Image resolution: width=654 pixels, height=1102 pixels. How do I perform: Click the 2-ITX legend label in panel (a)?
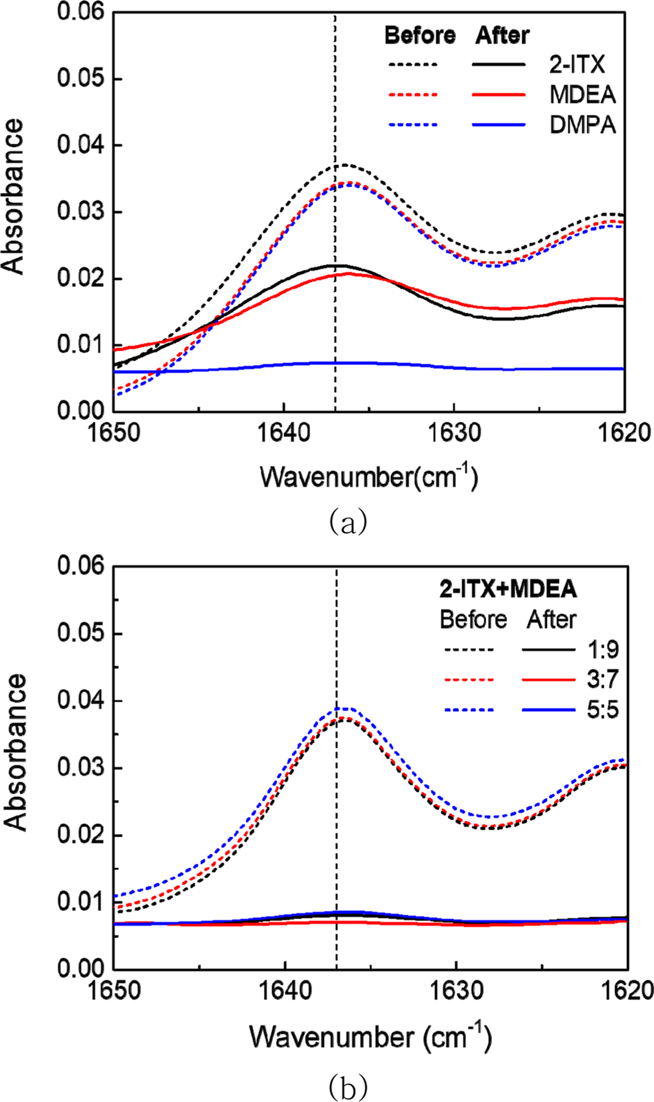[577, 65]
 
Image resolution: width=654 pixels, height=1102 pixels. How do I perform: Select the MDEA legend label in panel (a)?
[582, 95]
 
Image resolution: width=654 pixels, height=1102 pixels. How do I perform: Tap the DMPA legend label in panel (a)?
[582, 125]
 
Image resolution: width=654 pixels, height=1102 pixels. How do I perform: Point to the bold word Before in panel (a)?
[420, 35]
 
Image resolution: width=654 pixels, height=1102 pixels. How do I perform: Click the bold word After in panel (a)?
[502, 35]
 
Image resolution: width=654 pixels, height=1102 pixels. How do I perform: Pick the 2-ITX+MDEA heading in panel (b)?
[508, 589]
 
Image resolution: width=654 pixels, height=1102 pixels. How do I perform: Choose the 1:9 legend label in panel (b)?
[603, 649]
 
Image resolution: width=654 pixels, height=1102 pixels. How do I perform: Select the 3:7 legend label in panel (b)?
[603, 679]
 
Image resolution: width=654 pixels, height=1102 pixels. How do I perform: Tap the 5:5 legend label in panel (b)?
[603, 710]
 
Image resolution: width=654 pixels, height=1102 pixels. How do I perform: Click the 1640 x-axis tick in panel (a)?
[284, 433]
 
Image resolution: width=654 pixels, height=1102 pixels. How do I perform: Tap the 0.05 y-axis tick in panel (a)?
[80, 79]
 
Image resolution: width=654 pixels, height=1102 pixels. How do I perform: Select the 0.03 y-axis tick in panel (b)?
[80, 768]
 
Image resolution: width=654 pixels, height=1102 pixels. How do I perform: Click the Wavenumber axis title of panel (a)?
[369, 477]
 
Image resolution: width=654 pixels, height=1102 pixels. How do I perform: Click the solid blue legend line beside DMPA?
[498, 125]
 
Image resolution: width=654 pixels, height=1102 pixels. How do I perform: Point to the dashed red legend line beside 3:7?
[468, 680]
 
